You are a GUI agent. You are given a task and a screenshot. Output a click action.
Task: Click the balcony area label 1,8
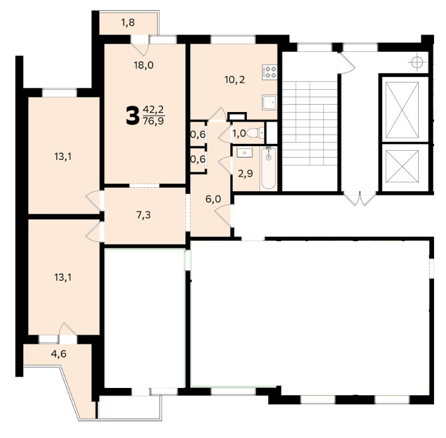(x=129, y=23)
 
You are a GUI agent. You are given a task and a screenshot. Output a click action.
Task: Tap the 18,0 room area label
(x=144, y=65)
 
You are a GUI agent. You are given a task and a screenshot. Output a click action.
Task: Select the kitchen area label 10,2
(x=234, y=80)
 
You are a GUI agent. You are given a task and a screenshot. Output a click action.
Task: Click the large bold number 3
(x=131, y=116)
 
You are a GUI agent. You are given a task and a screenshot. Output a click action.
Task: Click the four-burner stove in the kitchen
(x=269, y=72)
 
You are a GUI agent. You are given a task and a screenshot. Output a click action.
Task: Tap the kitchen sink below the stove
(x=269, y=103)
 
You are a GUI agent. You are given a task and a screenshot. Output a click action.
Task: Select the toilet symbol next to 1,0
(x=257, y=133)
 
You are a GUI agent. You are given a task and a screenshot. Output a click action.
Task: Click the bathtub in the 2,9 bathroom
(x=269, y=168)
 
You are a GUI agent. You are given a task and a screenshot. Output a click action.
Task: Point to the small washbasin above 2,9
(x=245, y=152)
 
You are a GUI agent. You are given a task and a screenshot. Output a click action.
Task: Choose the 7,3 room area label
(x=144, y=215)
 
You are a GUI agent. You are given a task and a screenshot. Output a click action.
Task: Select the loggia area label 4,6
(x=59, y=354)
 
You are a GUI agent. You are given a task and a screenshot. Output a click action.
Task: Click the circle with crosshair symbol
(x=418, y=60)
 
